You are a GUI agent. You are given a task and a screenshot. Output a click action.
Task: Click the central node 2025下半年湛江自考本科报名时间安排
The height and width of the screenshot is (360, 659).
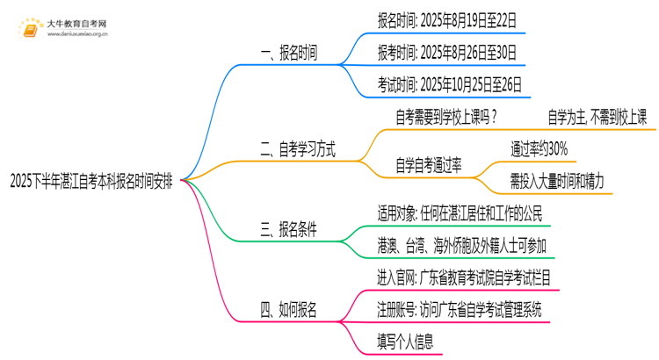point(91,182)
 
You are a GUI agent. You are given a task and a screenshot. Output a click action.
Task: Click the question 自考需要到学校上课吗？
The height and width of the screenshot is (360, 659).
point(446,117)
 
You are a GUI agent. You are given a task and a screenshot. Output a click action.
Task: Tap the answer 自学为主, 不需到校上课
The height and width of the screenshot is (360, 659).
point(597,117)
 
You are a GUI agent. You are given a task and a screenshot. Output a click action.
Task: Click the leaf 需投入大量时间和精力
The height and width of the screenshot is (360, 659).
point(556,181)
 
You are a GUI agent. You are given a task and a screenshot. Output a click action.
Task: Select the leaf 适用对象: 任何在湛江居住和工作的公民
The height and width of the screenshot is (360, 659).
point(459,212)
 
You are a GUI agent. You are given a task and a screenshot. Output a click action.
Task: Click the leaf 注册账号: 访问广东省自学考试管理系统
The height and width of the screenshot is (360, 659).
point(458,309)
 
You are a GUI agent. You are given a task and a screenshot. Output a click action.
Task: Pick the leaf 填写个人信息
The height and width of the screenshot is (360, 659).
point(404,342)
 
